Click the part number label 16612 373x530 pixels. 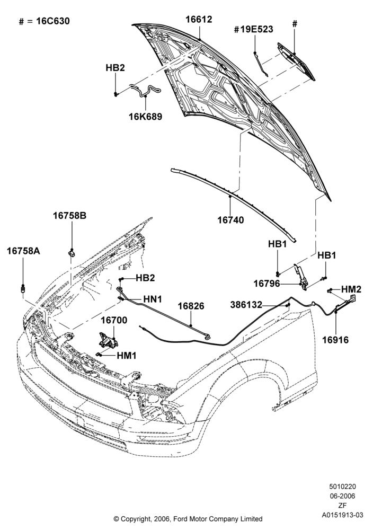(x=199, y=20)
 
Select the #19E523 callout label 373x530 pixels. (x=253, y=29)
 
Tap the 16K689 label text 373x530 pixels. (x=145, y=117)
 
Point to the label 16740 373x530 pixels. (x=230, y=220)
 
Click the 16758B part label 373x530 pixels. (x=69, y=215)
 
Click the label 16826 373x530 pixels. (x=191, y=306)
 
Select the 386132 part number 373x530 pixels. (x=246, y=305)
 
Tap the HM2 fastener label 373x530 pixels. (x=351, y=289)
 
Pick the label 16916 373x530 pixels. (x=335, y=340)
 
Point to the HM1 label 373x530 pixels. (x=127, y=356)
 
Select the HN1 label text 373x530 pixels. (x=153, y=299)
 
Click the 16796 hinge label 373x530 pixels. (x=267, y=284)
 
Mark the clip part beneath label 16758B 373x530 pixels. (x=72, y=252)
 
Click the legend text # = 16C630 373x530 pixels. (x=45, y=21)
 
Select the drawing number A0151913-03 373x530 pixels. (x=343, y=515)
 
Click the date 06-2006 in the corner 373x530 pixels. (x=343, y=496)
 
